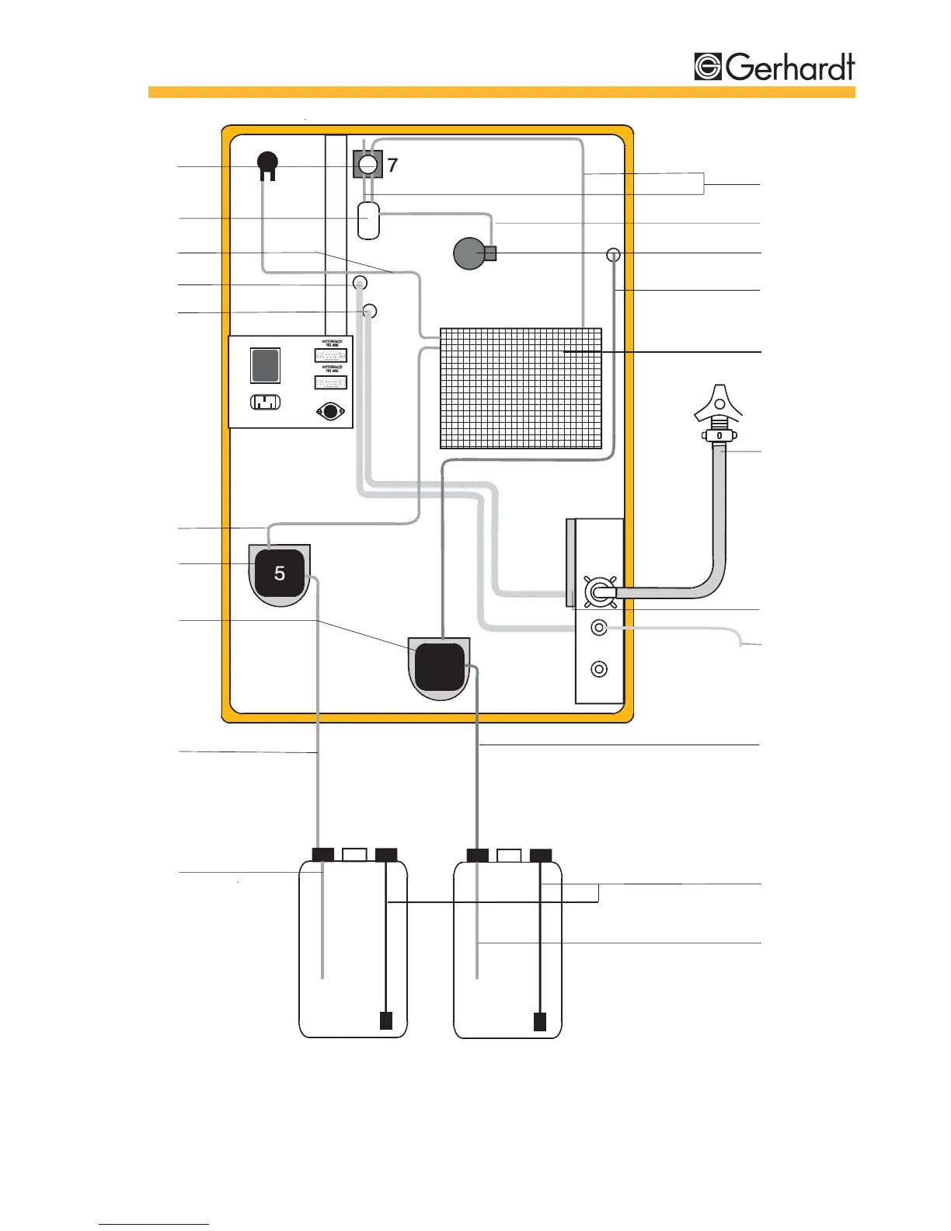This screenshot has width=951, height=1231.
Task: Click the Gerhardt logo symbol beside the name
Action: [708, 67]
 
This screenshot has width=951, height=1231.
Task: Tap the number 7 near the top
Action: [392, 165]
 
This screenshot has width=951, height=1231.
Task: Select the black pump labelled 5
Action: [279, 574]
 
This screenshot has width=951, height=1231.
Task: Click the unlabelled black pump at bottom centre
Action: [439, 667]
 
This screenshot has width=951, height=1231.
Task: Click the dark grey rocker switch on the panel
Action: [265, 365]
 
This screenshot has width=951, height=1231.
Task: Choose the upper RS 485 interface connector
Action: [330, 356]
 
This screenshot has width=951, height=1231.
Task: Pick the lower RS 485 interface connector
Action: [330, 382]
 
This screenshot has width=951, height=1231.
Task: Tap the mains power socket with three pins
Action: [265, 403]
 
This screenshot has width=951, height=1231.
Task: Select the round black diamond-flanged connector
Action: [331, 412]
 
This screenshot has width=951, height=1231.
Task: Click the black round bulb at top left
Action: [267, 163]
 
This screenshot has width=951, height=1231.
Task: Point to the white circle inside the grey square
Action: [368, 164]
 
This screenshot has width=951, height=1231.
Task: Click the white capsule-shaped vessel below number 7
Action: [369, 221]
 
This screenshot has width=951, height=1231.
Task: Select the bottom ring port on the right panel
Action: [599, 668]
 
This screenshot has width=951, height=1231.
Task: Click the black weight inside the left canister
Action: [386, 1020]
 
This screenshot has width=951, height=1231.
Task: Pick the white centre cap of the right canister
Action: [509, 855]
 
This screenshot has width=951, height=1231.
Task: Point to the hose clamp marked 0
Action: [719, 436]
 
